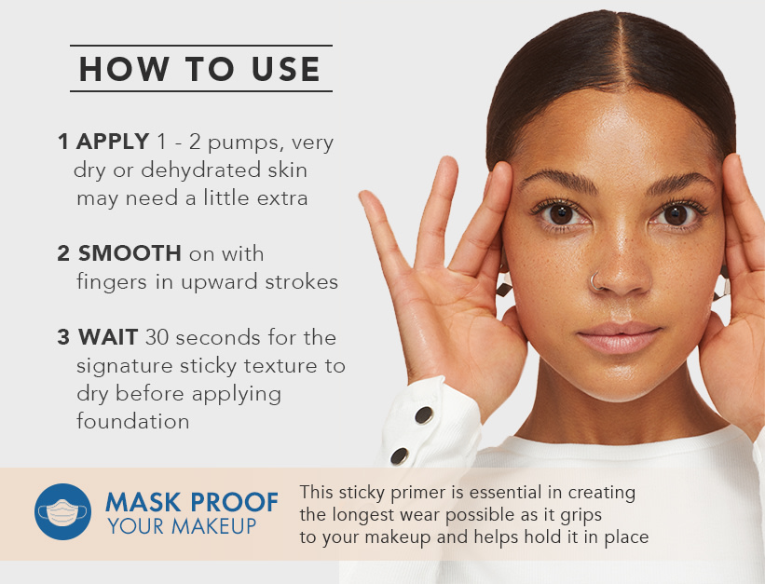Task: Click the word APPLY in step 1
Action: [x=112, y=143]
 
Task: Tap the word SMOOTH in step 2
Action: [x=130, y=253]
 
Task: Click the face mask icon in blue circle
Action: [x=62, y=512]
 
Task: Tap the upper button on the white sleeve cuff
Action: [x=423, y=414]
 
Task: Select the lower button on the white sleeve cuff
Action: [x=400, y=456]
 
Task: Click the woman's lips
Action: [x=619, y=337]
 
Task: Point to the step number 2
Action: [x=63, y=253]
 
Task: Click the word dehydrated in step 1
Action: [x=184, y=170]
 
